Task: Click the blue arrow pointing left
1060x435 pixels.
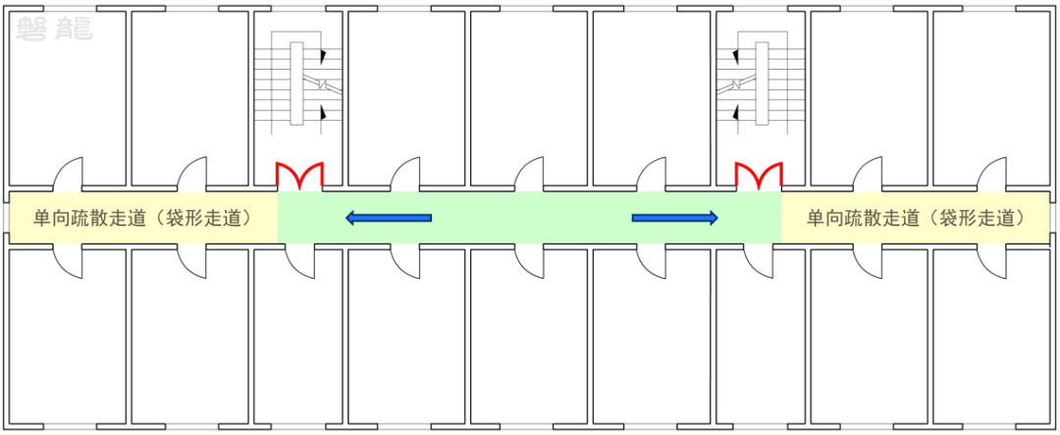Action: tap(389, 218)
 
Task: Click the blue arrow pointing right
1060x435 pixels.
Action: tap(675, 218)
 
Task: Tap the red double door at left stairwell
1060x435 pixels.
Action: tap(299, 176)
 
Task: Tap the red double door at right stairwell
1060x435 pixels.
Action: tap(759, 176)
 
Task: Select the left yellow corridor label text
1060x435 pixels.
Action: tap(142, 218)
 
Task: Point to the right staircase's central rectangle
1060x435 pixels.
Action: tap(762, 82)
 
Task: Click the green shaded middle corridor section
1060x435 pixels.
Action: tap(530, 218)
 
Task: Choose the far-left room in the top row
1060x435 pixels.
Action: tap(66, 98)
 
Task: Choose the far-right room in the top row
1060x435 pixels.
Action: tap(991, 98)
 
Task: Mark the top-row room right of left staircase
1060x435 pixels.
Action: tap(406, 98)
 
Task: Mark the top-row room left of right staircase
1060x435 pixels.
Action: tap(652, 98)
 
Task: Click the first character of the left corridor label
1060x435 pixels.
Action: tap(42, 218)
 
